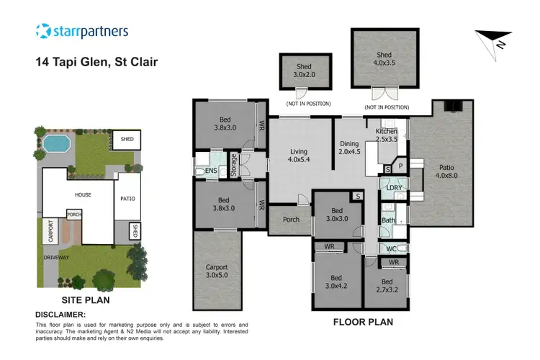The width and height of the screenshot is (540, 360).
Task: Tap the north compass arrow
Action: coord(494,40)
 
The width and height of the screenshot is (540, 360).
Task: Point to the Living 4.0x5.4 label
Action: coord(298,156)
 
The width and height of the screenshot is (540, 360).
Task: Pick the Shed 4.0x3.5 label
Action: coord(383,59)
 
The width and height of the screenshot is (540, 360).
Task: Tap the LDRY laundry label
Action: coord(394,188)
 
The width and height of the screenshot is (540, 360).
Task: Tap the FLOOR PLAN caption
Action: coord(362,322)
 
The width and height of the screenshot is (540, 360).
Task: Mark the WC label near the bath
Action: coord(392,248)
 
